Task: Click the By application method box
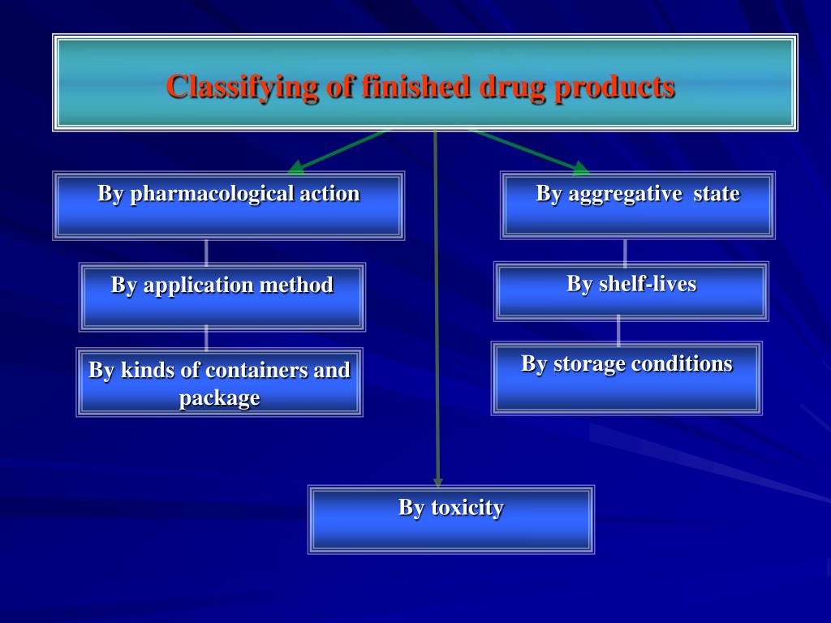222,297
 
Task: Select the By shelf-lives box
631,291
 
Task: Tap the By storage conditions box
626,378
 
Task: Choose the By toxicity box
450,519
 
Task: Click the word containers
257,371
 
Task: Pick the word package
219,398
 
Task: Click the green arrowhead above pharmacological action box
296,167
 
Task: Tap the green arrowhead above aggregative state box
580,168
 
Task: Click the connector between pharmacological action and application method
206,251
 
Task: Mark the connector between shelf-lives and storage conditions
619,330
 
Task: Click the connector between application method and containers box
206,338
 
